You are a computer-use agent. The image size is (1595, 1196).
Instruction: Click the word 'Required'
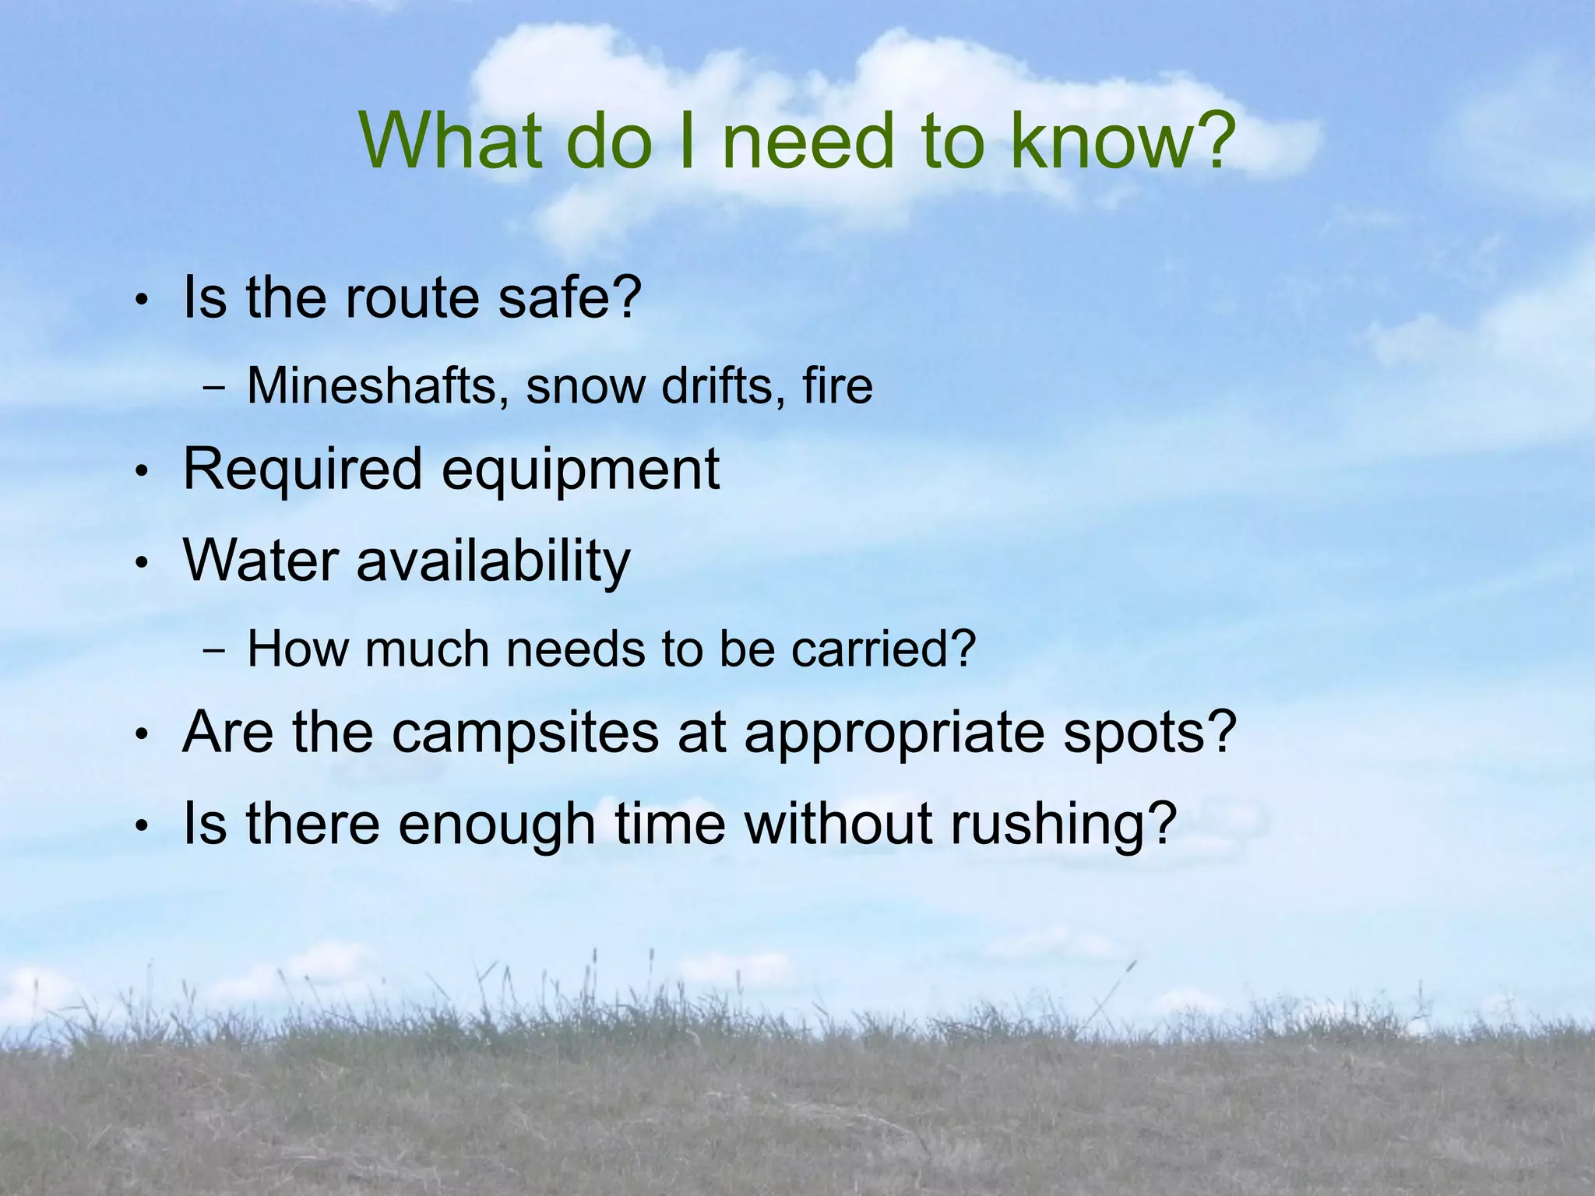302,471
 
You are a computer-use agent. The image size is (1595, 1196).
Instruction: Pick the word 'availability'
493,562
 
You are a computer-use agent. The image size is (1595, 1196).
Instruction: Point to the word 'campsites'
525,734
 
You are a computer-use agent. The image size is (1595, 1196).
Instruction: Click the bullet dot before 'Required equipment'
141,472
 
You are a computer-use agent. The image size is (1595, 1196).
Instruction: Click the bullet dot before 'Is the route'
141,301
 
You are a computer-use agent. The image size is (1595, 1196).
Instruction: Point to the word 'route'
411,300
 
